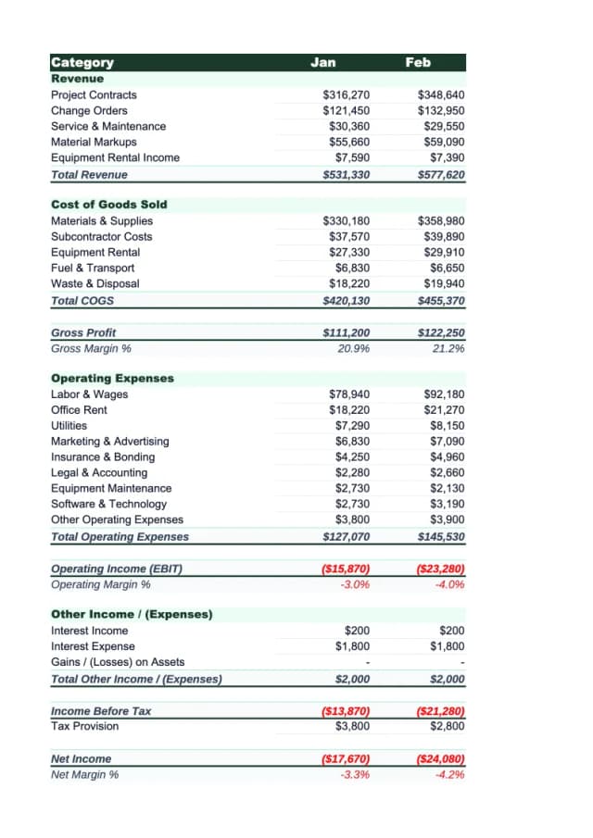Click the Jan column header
[x=323, y=63]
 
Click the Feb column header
[x=418, y=63]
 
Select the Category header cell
[x=82, y=63]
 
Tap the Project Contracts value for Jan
[x=346, y=95]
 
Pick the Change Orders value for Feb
[x=441, y=111]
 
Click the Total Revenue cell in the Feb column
[x=441, y=174]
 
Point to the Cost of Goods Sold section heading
[x=109, y=204]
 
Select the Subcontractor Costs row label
[x=102, y=236]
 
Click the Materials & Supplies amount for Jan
[x=346, y=220]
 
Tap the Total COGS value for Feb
[x=441, y=300]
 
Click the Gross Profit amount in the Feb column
[x=441, y=332]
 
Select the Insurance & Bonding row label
[x=103, y=457]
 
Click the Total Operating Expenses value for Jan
[x=346, y=536]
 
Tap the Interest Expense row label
[x=93, y=646]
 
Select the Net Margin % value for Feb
[x=448, y=774]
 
